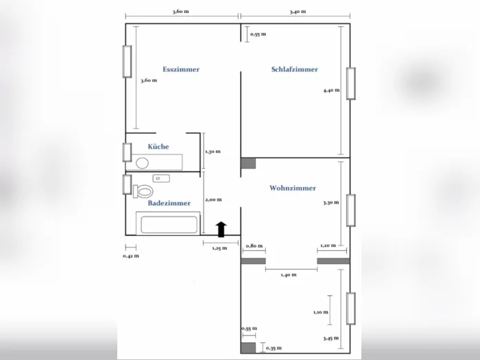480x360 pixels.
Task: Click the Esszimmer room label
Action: click(181, 69)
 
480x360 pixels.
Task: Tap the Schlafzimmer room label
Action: click(294, 69)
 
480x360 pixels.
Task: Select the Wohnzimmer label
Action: click(293, 188)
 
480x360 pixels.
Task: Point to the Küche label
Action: click(158, 146)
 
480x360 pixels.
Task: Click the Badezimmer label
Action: click(169, 203)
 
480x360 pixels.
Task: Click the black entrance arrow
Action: click(221, 229)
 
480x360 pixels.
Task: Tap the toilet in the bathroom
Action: click(143, 191)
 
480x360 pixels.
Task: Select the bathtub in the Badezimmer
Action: click(169, 224)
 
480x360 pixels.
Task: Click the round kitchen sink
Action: click(143, 163)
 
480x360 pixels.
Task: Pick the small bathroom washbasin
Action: click(161, 178)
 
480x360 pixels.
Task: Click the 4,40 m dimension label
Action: click(331, 91)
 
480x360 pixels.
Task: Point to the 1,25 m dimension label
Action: click(219, 248)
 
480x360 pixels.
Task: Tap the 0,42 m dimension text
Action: click(131, 256)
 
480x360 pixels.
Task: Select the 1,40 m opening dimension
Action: click(289, 275)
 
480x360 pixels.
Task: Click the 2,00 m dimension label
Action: click(213, 200)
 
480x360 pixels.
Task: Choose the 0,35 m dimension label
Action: click(274, 348)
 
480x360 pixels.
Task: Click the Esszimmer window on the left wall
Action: click(128, 62)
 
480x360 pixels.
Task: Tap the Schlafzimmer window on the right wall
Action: click(351, 84)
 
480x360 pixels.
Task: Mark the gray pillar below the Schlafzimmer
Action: click(248, 163)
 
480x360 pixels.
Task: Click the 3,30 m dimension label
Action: click(331, 203)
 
